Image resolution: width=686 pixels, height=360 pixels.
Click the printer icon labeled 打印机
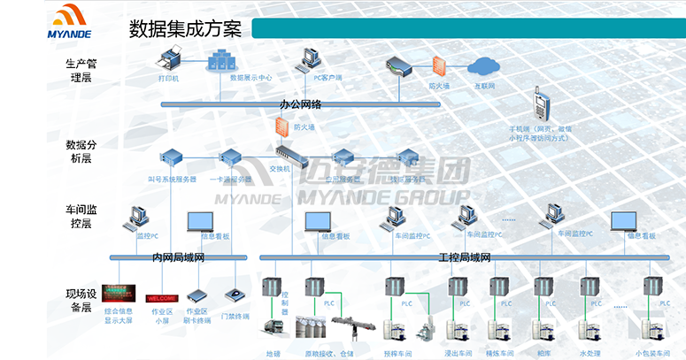(170, 59)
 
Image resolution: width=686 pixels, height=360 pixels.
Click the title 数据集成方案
(186, 27)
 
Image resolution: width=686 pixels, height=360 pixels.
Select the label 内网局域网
(178, 257)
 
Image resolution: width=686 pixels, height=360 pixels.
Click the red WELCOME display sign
(162, 298)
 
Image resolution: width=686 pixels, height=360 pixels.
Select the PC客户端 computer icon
(311, 58)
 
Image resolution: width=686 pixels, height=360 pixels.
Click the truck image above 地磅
(271, 329)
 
